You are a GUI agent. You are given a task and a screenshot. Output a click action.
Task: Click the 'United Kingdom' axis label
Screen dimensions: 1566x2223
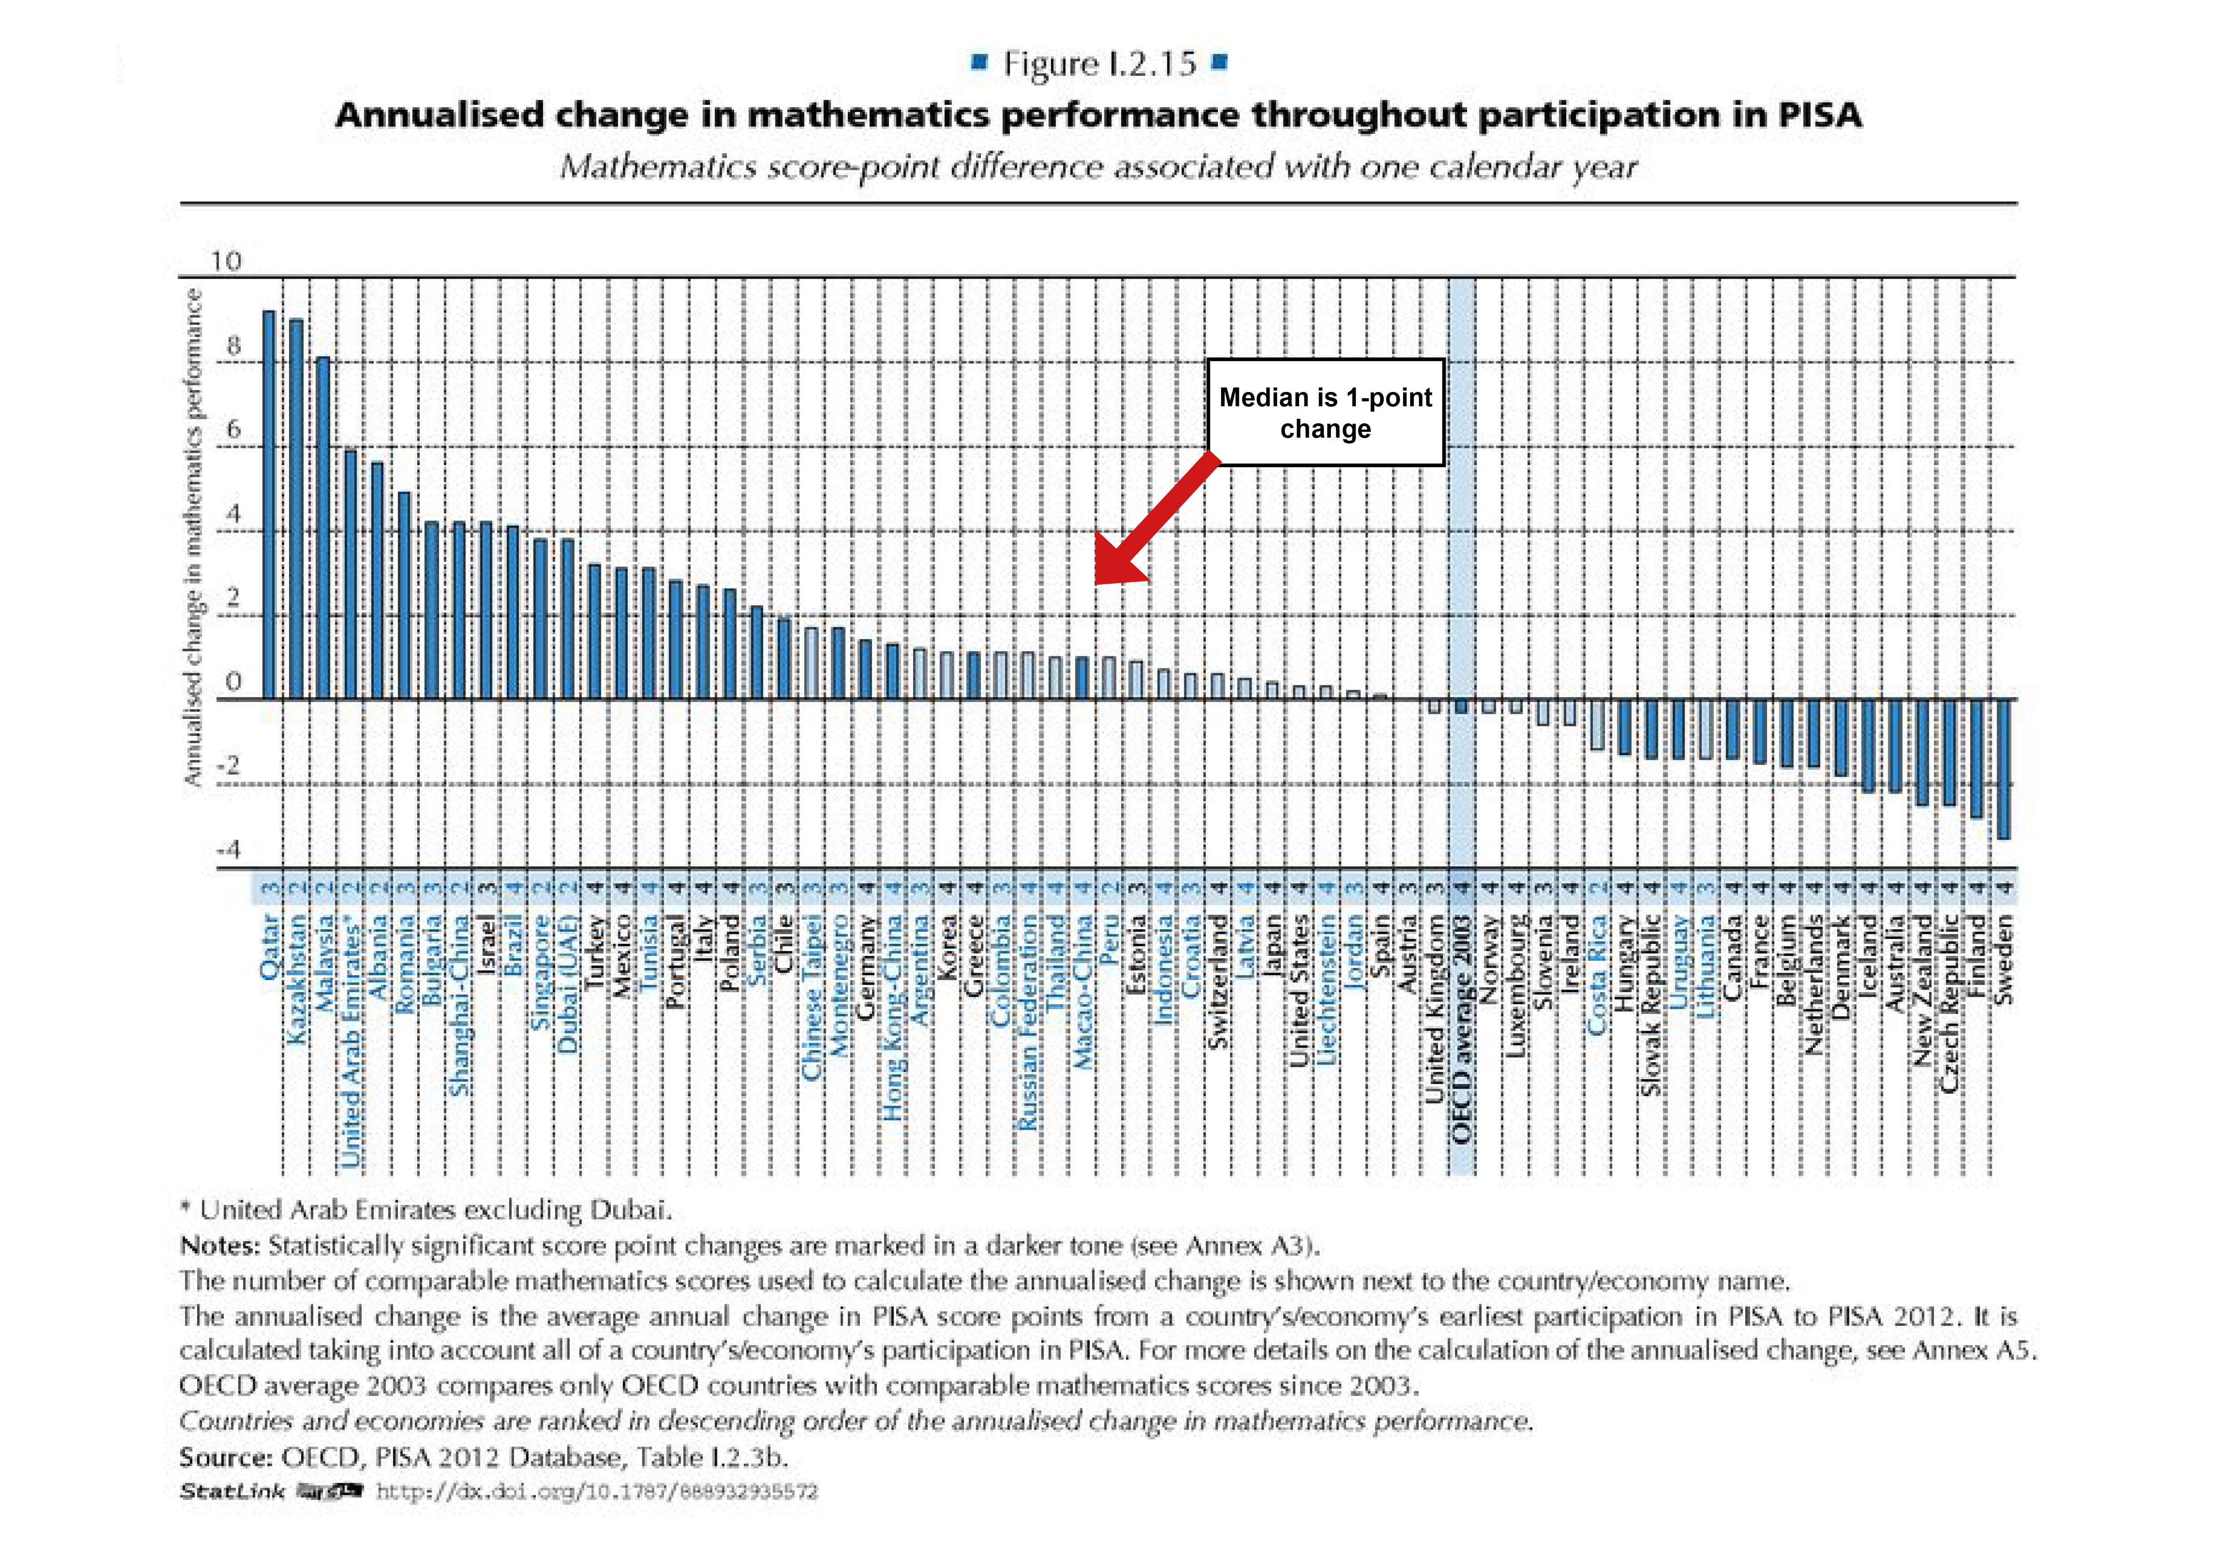tap(1435, 1021)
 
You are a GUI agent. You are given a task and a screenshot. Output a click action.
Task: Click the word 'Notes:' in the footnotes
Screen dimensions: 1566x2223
tap(220, 1246)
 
